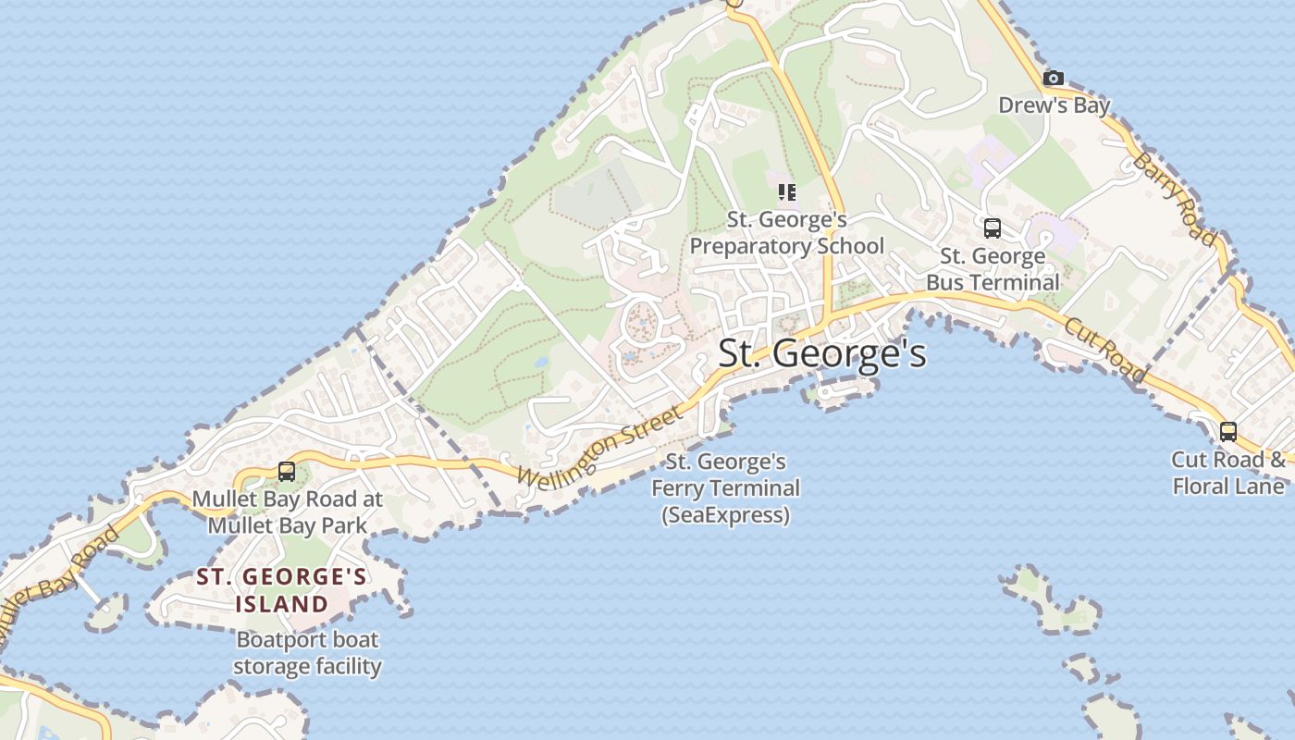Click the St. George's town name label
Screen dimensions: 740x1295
[x=822, y=353]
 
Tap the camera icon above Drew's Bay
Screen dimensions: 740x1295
[x=1054, y=79]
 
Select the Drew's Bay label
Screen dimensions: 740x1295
[x=1054, y=105]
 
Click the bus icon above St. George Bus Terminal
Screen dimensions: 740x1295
[x=993, y=228]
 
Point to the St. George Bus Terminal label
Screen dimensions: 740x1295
[x=993, y=269]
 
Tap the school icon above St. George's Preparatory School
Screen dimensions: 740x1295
[x=787, y=192]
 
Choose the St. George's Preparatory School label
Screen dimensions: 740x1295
[x=787, y=233]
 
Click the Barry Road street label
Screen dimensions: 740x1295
[x=1175, y=200]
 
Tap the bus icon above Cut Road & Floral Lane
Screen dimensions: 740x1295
[x=1228, y=431]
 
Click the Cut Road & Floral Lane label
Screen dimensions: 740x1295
[x=1228, y=473]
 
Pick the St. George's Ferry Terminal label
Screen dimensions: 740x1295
[x=726, y=475]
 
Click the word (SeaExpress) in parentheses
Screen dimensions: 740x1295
[x=726, y=515]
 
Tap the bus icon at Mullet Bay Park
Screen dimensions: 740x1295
[x=287, y=472]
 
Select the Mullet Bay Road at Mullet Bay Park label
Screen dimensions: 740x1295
[x=287, y=512]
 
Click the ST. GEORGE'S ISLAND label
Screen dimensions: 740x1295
[x=281, y=591]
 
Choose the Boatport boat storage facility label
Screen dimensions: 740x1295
[x=307, y=653]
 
